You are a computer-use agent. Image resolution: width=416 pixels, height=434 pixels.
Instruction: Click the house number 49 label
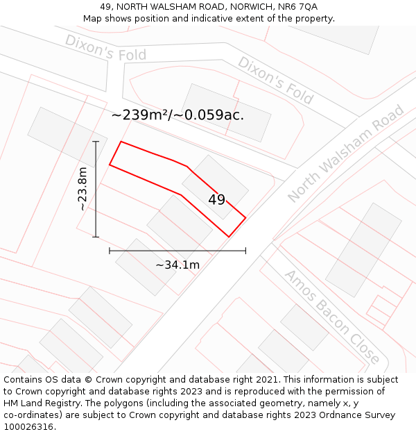point(216,200)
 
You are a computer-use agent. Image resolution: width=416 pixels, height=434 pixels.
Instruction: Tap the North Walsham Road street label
point(345,153)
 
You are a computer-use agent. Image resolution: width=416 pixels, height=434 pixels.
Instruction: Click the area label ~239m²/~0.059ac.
point(177,115)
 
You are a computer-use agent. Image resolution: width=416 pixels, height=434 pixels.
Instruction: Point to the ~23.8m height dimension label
point(83,189)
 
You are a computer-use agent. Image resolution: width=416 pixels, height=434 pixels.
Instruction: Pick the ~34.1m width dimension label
point(177,265)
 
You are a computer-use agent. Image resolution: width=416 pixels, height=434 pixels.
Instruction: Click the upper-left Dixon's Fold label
point(105,47)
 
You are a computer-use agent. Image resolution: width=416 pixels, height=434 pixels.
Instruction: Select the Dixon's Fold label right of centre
point(275,80)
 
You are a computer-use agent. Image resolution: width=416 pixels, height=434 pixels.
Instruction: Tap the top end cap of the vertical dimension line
point(96,142)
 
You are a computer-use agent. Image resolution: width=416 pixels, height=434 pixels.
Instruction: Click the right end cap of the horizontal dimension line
point(245,251)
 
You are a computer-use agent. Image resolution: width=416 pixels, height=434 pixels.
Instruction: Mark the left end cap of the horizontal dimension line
point(110,251)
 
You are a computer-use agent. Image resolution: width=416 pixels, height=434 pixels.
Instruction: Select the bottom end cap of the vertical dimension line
point(96,237)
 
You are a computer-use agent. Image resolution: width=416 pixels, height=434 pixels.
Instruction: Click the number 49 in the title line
point(106,7)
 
